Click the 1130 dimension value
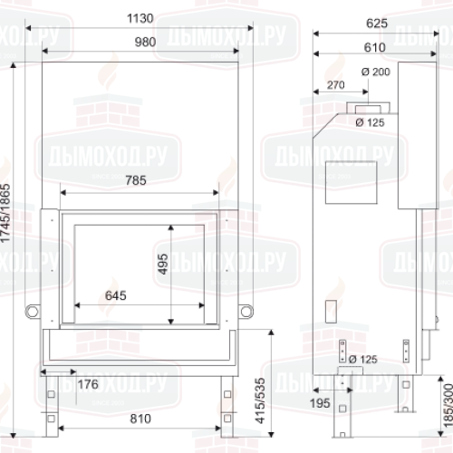pyautogui.click(x=142, y=19)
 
